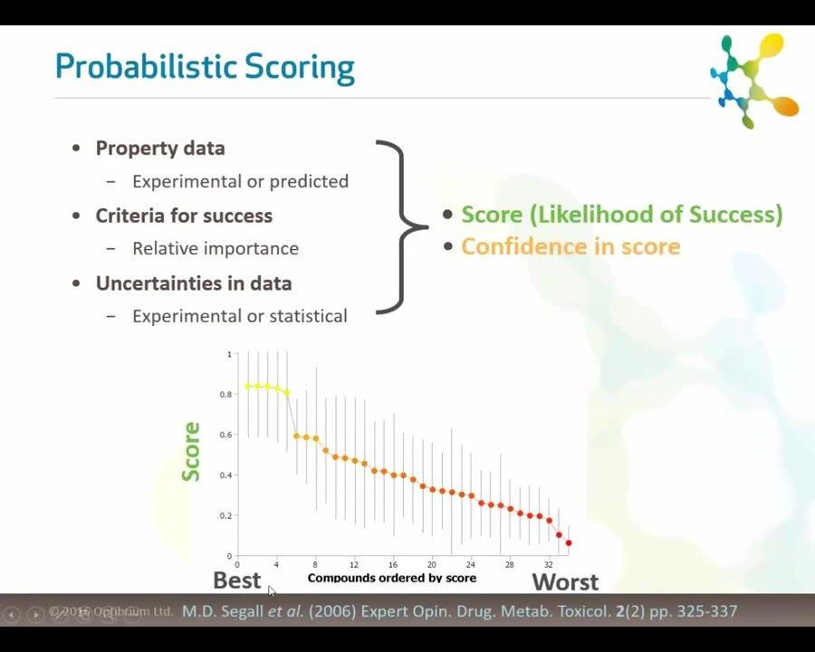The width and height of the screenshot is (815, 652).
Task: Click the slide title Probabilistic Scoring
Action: [204, 68]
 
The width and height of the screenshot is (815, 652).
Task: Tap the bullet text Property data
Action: [160, 149]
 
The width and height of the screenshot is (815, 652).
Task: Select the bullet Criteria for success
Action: [184, 216]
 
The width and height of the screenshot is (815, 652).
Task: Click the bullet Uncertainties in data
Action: [194, 283]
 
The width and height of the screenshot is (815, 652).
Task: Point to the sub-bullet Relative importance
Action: [216, 248]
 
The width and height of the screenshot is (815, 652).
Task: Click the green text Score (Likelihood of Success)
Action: [622, 215]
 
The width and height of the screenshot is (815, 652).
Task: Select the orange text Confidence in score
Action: [570, 246]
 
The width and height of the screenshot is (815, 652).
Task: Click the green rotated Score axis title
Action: [191, 451]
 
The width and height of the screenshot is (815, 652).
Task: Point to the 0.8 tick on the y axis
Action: [228, 395]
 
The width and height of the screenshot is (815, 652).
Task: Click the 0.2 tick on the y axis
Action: [228, 516]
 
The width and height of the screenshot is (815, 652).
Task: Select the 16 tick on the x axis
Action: [393, 564]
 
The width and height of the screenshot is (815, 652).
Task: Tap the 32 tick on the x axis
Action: [548, 564]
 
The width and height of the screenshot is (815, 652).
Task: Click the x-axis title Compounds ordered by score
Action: [391, 578]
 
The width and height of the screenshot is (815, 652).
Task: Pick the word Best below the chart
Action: [236, 580]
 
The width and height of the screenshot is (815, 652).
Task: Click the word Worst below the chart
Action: [565, 581]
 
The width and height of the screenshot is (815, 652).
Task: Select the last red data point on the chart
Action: [569, 543]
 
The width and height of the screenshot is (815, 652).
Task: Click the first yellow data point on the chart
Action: [247, 387]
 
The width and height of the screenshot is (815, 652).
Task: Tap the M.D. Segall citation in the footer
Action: [460, 611]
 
